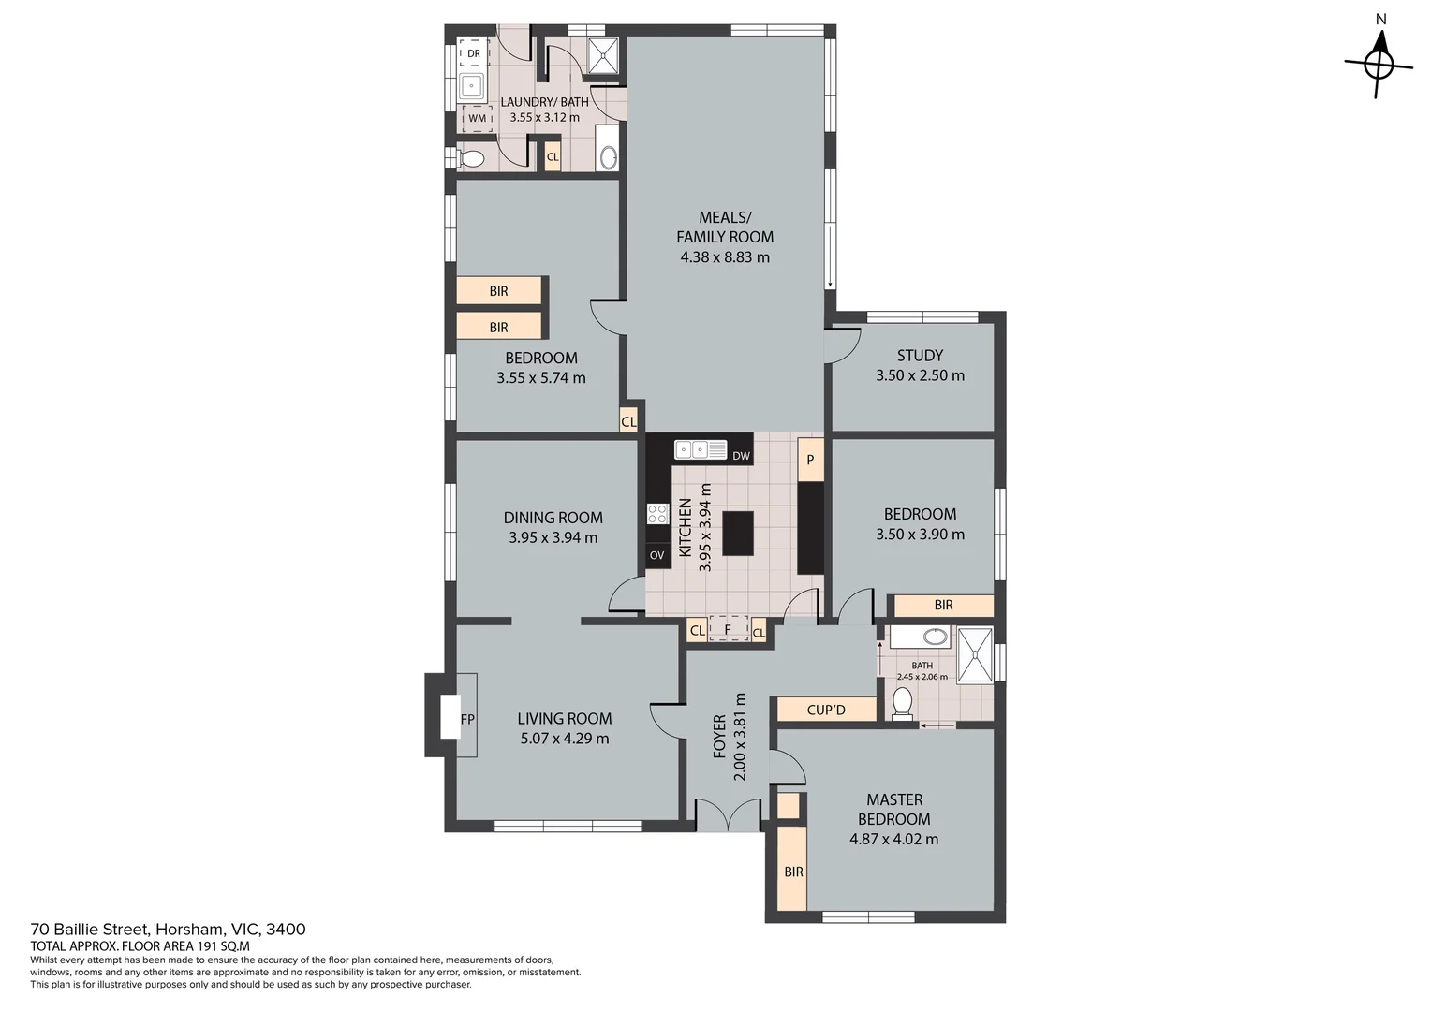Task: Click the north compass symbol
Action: pos(1379,64)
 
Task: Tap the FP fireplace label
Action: pos(467,719)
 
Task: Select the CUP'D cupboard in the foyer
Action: pos(826,710)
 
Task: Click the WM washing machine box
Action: pos(478,118)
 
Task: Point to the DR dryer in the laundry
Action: pos(473,53)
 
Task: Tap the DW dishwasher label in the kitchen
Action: pos(741,456)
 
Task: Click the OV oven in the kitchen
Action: pos(656,555)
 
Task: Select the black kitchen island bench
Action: pos(738,534)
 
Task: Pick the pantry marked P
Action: pos(810,460)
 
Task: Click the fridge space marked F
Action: pos(728,628)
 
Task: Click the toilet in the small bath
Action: pos(902,703)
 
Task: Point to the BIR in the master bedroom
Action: pos(793,871)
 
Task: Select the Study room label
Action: pos(920,355)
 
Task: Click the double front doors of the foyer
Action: pos(728,815)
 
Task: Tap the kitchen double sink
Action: pos(701,449)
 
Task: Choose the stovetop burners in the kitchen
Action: pos(657,514)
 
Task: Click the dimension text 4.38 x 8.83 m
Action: pos(725,256)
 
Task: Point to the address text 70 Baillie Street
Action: pos(90,929)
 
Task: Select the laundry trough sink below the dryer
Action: pos(472,85)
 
